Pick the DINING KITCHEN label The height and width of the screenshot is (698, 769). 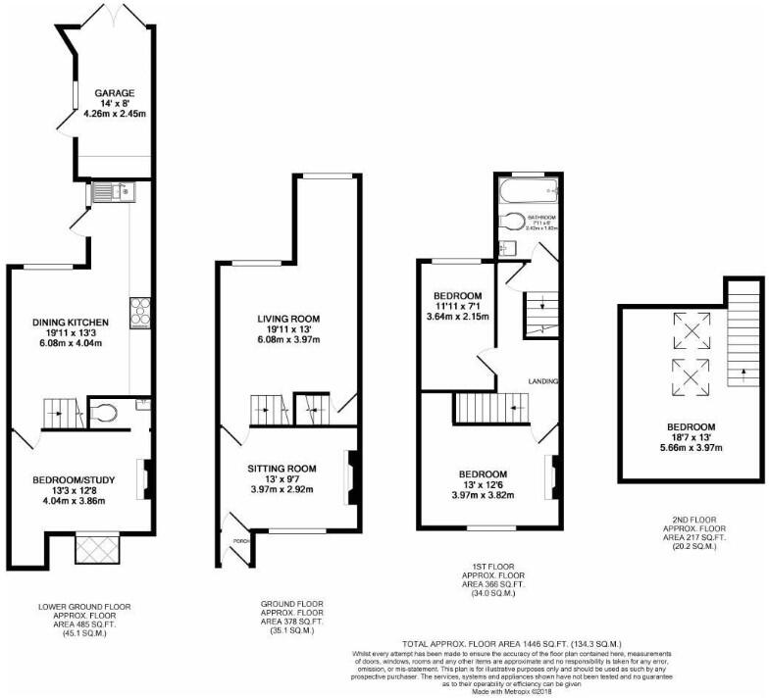click(70, 323)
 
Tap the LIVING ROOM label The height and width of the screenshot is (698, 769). click(288, 320)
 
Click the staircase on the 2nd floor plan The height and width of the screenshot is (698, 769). click(743, 343)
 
